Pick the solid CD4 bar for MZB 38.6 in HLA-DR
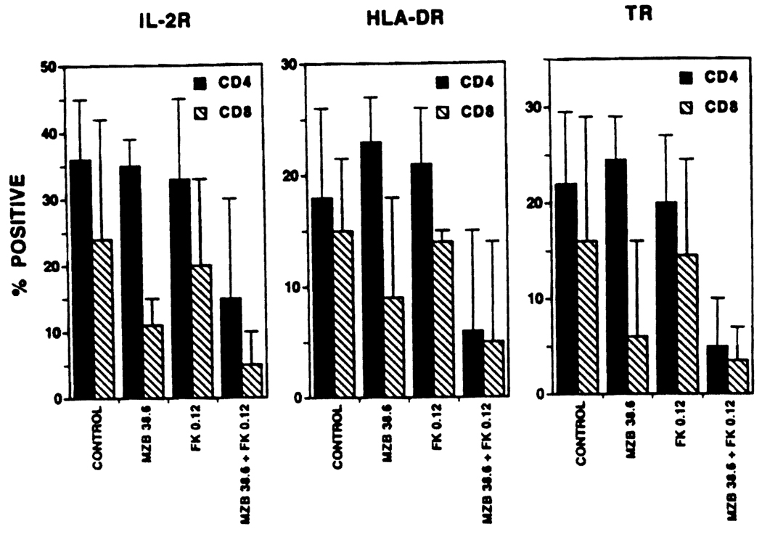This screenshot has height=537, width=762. point(372,269)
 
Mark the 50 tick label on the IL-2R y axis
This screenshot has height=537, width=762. point(50,67)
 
